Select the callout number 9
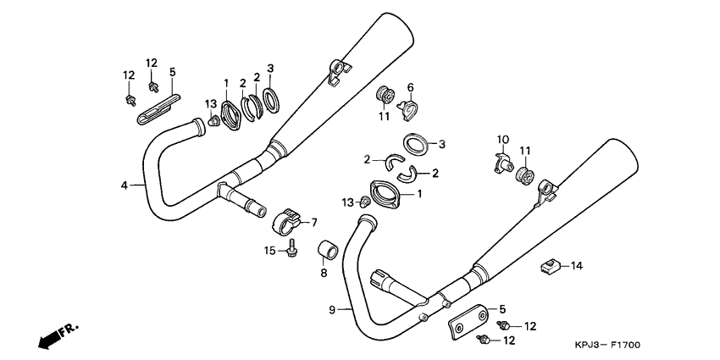(333, 310)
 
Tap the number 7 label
(313, 223)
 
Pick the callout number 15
(269, 250)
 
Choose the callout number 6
(410, 87)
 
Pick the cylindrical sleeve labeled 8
(326, 252)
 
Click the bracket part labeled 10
(501, 161)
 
